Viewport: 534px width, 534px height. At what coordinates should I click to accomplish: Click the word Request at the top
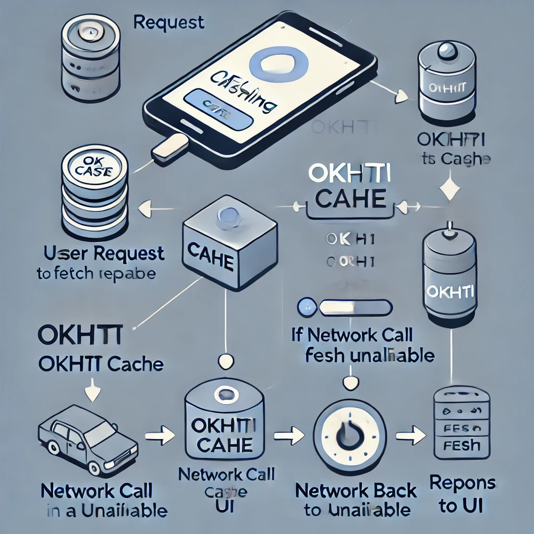coord(168,22)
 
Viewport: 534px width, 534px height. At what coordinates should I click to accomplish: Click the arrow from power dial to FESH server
coord(410,432)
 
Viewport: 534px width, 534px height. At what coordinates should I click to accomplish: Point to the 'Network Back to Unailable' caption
coord(356,500)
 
